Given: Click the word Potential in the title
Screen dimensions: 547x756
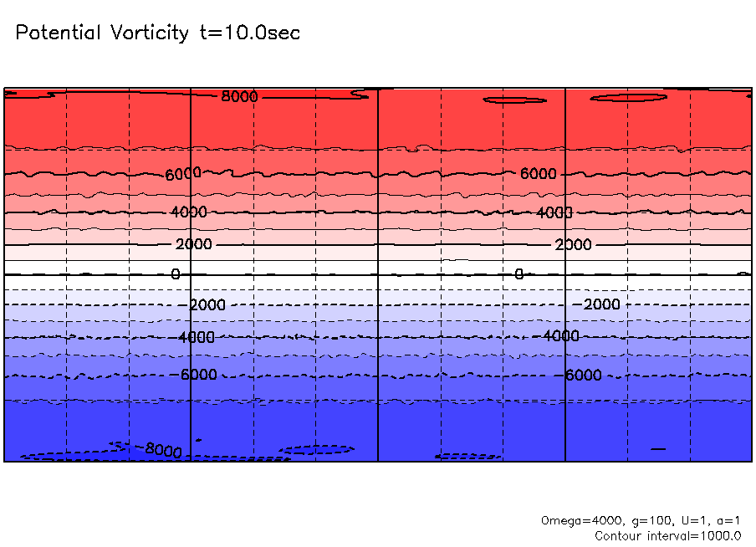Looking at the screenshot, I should click(x=56, y=33).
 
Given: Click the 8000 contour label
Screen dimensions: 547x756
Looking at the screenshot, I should click(x=240, y=97).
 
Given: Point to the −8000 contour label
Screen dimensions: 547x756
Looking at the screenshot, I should click(x=161, y=450).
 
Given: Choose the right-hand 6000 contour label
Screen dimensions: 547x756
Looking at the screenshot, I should click(x=538, y=174).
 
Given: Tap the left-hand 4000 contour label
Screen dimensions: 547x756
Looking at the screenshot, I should click(x=188, y=212).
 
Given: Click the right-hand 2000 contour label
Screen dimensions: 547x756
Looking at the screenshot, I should click(x=573, y=245).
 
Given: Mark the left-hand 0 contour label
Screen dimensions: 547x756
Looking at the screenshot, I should click(x=176, y=274).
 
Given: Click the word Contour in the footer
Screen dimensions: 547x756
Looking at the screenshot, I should click(x=619, y=535).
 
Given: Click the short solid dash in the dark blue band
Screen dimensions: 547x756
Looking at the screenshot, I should click(x=658, y=449).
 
